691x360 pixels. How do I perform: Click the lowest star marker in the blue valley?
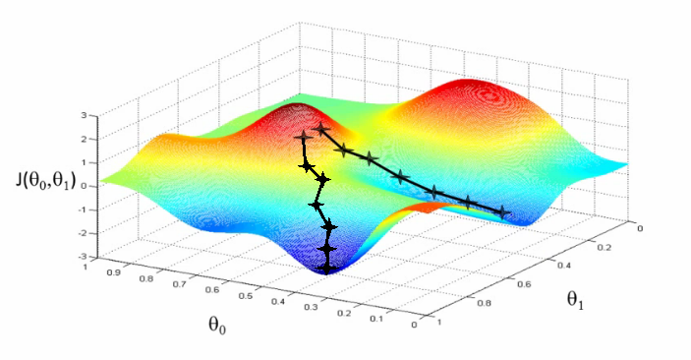[328, 265]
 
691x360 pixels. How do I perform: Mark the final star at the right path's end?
[503, 211]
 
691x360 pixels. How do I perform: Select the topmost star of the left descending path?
[302, 139]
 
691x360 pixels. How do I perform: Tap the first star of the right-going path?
[321, 130]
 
